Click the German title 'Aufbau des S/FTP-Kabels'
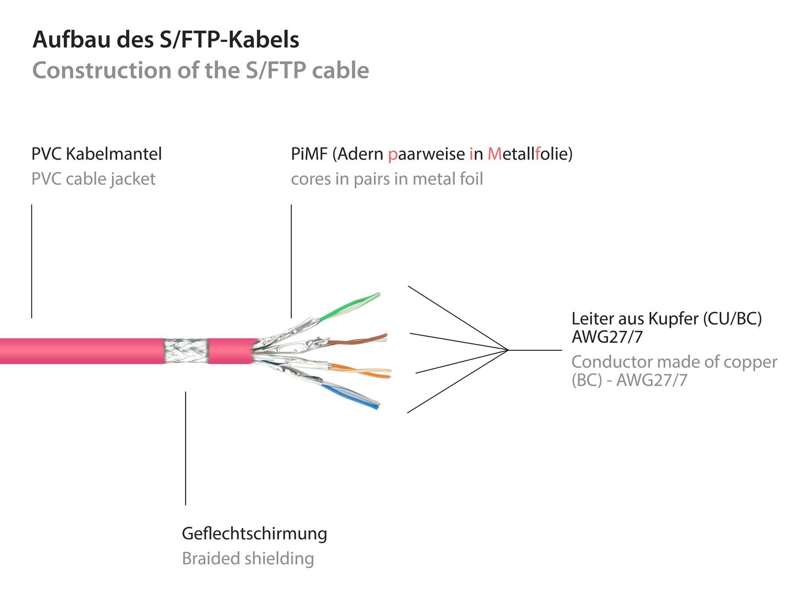(x=166, y=39)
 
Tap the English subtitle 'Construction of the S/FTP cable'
(x=201, y=70)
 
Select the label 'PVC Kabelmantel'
(x=96, y=154)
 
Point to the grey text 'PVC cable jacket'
(x=93, y=179)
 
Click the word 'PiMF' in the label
(x=309, y=154)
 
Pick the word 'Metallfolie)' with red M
(x=530, y=154)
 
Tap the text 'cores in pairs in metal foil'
(x=387, y=179)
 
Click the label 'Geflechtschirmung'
(x=254, y=533)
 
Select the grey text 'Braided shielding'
(x=248, y=559)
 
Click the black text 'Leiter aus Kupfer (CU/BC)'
(x=666, y=319)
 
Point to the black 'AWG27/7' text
(x=607, y=337)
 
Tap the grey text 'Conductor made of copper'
(x=674, y=362)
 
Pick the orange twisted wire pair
(x=361, y=371)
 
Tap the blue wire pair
(x=350, y=396)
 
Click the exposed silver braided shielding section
(x=186, y=351)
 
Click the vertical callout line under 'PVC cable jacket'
(x=32, y=261)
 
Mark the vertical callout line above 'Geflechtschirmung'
(x=186, y=448)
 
